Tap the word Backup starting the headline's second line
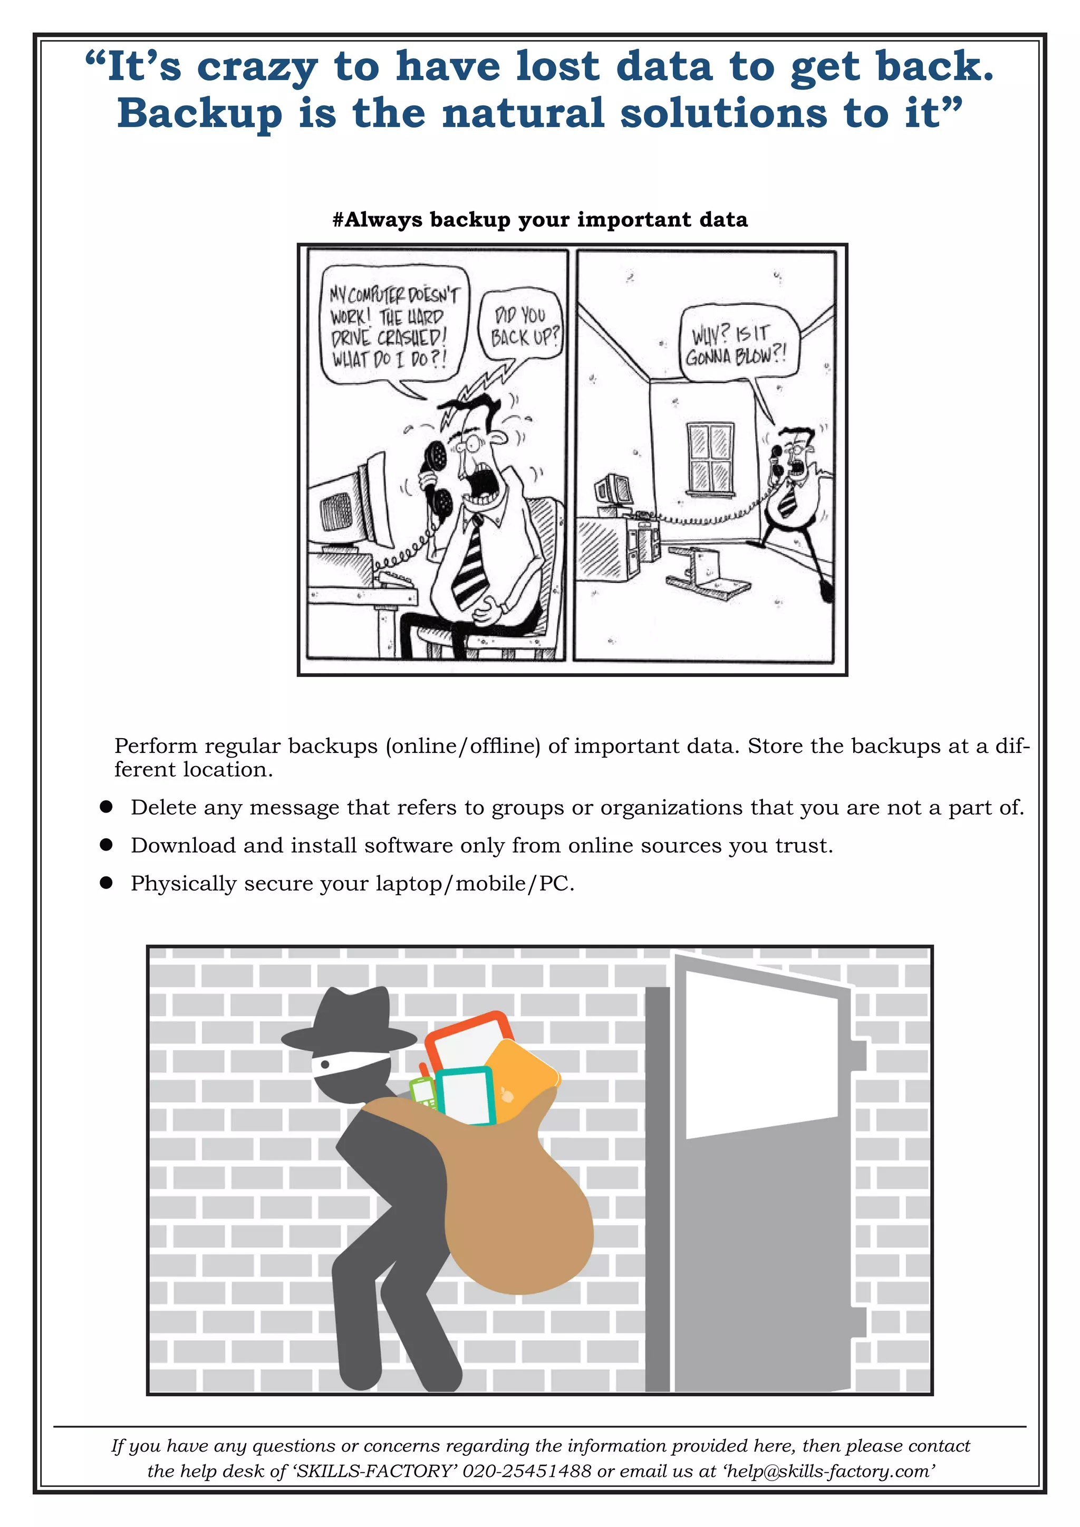coord(199,114)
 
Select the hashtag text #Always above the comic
coord(377,219)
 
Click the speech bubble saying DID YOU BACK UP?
coord(520,326)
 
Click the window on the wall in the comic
coord(711,459)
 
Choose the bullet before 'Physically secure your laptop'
coord(106,883)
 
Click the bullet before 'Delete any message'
coord(106,807)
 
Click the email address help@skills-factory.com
coord(831,1471)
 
